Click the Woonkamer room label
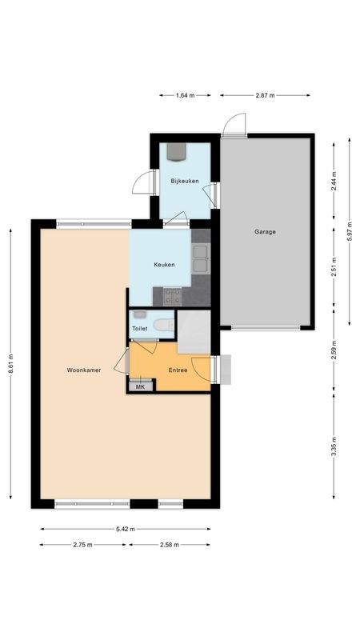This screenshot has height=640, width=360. click(x=83, y=370)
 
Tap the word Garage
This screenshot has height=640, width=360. click(x=266, y=232)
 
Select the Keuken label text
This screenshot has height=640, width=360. click(x=165, y=264)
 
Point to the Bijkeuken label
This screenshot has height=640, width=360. click(x=184, y=182)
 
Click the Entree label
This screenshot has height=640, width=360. click(x=178, y=370)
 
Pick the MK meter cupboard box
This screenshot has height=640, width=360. click(x=140, y=386)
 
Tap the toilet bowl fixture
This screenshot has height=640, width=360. click(x=166, y=325)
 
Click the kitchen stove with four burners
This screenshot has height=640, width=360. click(x=173, y=296)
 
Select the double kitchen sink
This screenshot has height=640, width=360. click(x=200, y=256)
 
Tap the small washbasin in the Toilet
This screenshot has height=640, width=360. click(x=140, y=314)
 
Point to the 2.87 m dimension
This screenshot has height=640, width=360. click(x=265, y=95)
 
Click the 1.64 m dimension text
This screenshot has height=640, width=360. click(x=185, y=95)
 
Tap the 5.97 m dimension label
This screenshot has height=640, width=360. click(x=349, y=233)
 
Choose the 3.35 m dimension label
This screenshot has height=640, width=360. click(x=334, y=444)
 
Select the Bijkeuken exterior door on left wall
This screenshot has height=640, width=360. click(x=142, y=183)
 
